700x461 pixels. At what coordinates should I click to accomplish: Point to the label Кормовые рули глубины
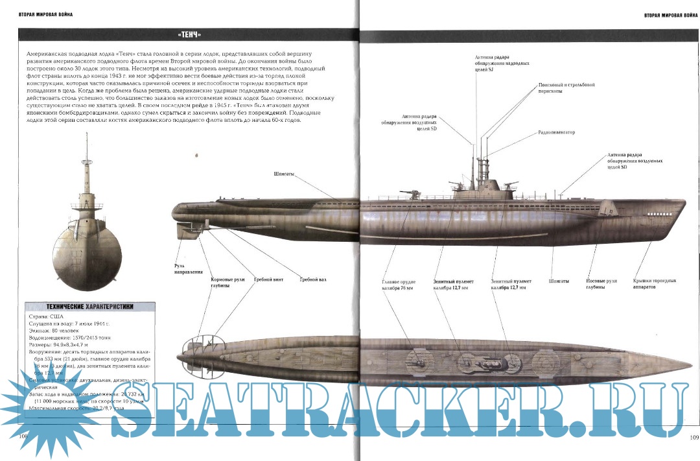(224, 282)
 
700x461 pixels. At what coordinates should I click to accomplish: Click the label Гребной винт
(267, 279)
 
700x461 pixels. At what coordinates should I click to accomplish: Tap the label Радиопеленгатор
(556, 132)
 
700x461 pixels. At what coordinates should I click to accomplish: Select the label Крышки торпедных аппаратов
(654, 283)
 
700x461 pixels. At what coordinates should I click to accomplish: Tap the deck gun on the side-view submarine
(409, 193)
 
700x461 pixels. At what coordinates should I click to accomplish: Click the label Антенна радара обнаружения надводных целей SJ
(502, 64)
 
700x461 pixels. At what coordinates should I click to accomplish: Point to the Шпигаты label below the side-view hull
(558, 281)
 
